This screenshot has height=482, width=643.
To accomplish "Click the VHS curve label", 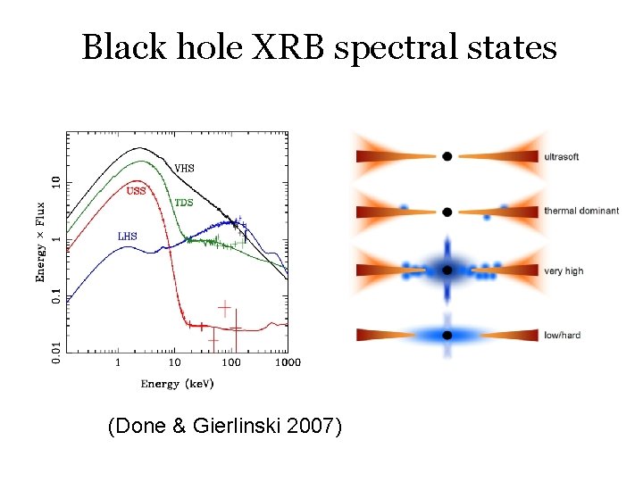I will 184,168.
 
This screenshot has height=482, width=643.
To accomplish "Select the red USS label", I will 136,190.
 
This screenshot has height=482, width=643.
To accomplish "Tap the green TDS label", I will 183,203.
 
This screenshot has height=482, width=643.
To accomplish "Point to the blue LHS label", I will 128,237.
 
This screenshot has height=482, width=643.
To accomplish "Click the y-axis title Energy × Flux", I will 41,242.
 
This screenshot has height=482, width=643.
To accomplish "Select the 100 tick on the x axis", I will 230,363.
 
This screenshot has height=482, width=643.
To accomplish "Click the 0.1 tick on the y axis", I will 55,293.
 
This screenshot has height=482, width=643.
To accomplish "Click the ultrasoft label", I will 561,157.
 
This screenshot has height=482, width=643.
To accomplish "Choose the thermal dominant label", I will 580,212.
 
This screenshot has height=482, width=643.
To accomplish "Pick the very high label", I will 564,270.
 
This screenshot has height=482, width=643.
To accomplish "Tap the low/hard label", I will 562,336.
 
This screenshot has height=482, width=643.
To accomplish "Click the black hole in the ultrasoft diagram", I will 447,156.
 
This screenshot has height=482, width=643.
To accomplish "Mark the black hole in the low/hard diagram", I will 447,335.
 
